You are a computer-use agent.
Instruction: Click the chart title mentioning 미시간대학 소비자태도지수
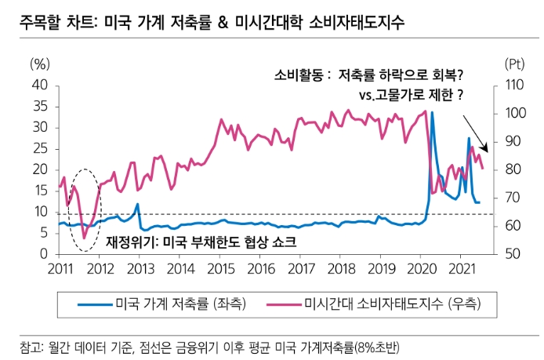[x=212, y=22]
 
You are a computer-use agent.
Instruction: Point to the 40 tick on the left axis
[x=41, y=85]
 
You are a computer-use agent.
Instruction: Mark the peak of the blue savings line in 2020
[x=432, y=112]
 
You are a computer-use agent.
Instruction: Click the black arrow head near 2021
[x=486, y=149]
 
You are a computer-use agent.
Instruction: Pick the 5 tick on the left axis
[x=44, y=234]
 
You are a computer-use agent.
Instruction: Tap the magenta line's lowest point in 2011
[x=84, y=238]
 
